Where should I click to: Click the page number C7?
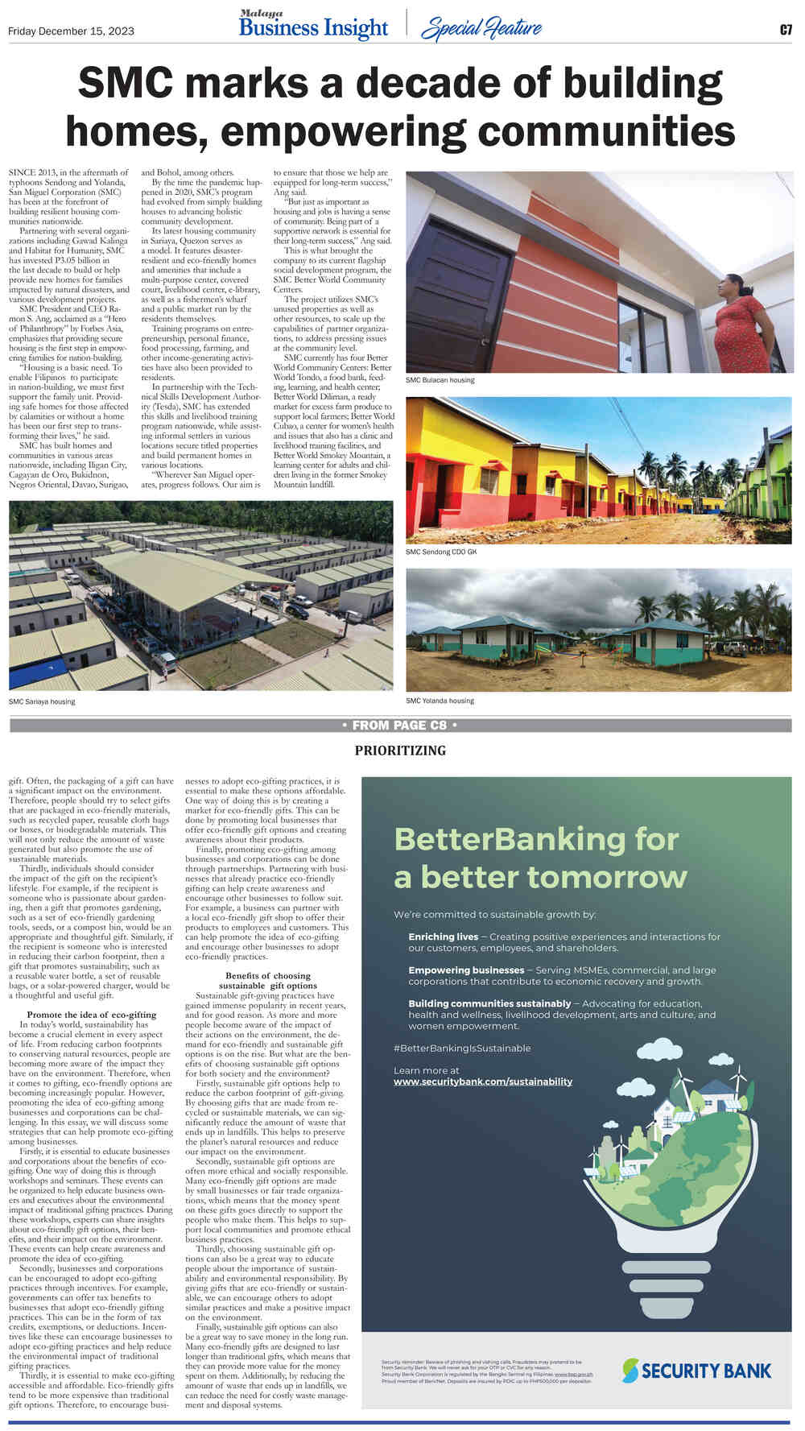pyautogui.click(x=786, y=31)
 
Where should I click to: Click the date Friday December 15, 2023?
pyautogui.click(x=71, y=31)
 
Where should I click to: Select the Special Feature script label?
pyautogui.click(x=481, y=29)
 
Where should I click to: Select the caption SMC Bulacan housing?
pyautogui.click(x=440, y=380)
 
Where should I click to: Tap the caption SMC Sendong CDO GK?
pyautogui.click(x=441, y=552)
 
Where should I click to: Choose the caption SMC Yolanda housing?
pyautogui.click(x=440, y=701)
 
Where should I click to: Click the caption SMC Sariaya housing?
pyautogui.click(x=42, y=701)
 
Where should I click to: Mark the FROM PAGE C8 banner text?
pyautogui.click(x=399, y=726)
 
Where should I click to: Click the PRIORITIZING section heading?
pyautogui.click(x=399, y=751)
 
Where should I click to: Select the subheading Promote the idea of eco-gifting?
pyautogui.click(x=92, y=1014)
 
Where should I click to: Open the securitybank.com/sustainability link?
pyautogui.click(x=482, y=1082)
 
